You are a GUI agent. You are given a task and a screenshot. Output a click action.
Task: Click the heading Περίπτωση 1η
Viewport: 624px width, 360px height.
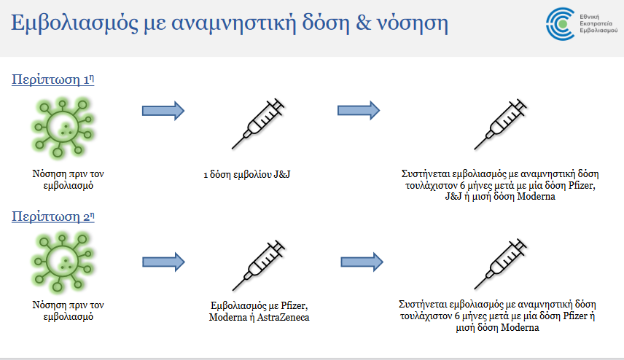tap(53, 79)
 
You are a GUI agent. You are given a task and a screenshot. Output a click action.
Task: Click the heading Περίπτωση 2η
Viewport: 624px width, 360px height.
tap(53, 216)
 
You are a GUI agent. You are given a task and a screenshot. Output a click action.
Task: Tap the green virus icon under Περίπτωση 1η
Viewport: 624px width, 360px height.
tap(63, 128)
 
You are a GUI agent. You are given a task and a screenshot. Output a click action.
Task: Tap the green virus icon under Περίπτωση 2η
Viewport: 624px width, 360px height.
tap(63, 262)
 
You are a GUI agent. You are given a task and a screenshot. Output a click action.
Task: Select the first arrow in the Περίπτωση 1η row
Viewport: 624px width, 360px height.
tap(163, 111)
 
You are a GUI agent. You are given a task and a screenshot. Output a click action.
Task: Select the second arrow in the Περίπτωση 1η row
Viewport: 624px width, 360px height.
tap(359, 110)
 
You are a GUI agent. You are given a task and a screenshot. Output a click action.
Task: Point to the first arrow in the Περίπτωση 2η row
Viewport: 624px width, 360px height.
tap(163, 262)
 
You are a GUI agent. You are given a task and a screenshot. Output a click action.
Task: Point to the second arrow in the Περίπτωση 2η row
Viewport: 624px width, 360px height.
tap(362, 262)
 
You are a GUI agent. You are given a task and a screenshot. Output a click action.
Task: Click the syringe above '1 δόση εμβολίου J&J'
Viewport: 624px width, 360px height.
tap(258, 124)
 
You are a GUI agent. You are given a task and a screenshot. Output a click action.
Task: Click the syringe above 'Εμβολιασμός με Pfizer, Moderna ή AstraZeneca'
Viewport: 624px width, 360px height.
tap(259, 265)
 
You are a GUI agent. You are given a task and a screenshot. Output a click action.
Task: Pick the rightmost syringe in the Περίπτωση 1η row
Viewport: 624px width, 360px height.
tap(501, 124)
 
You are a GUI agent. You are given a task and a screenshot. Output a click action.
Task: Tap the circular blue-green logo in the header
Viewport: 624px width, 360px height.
tap(561, 24)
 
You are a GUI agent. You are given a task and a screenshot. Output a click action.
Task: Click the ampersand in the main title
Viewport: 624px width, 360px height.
tap(364, 23)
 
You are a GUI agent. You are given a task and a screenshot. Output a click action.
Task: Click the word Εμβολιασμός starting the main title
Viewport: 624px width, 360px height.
tap(74, 23)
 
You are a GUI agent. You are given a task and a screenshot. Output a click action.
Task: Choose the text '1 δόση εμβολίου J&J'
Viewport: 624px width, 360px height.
tap(246, 175)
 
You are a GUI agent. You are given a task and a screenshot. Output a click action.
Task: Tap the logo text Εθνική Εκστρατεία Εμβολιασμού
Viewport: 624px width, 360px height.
tap(598, 23)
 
